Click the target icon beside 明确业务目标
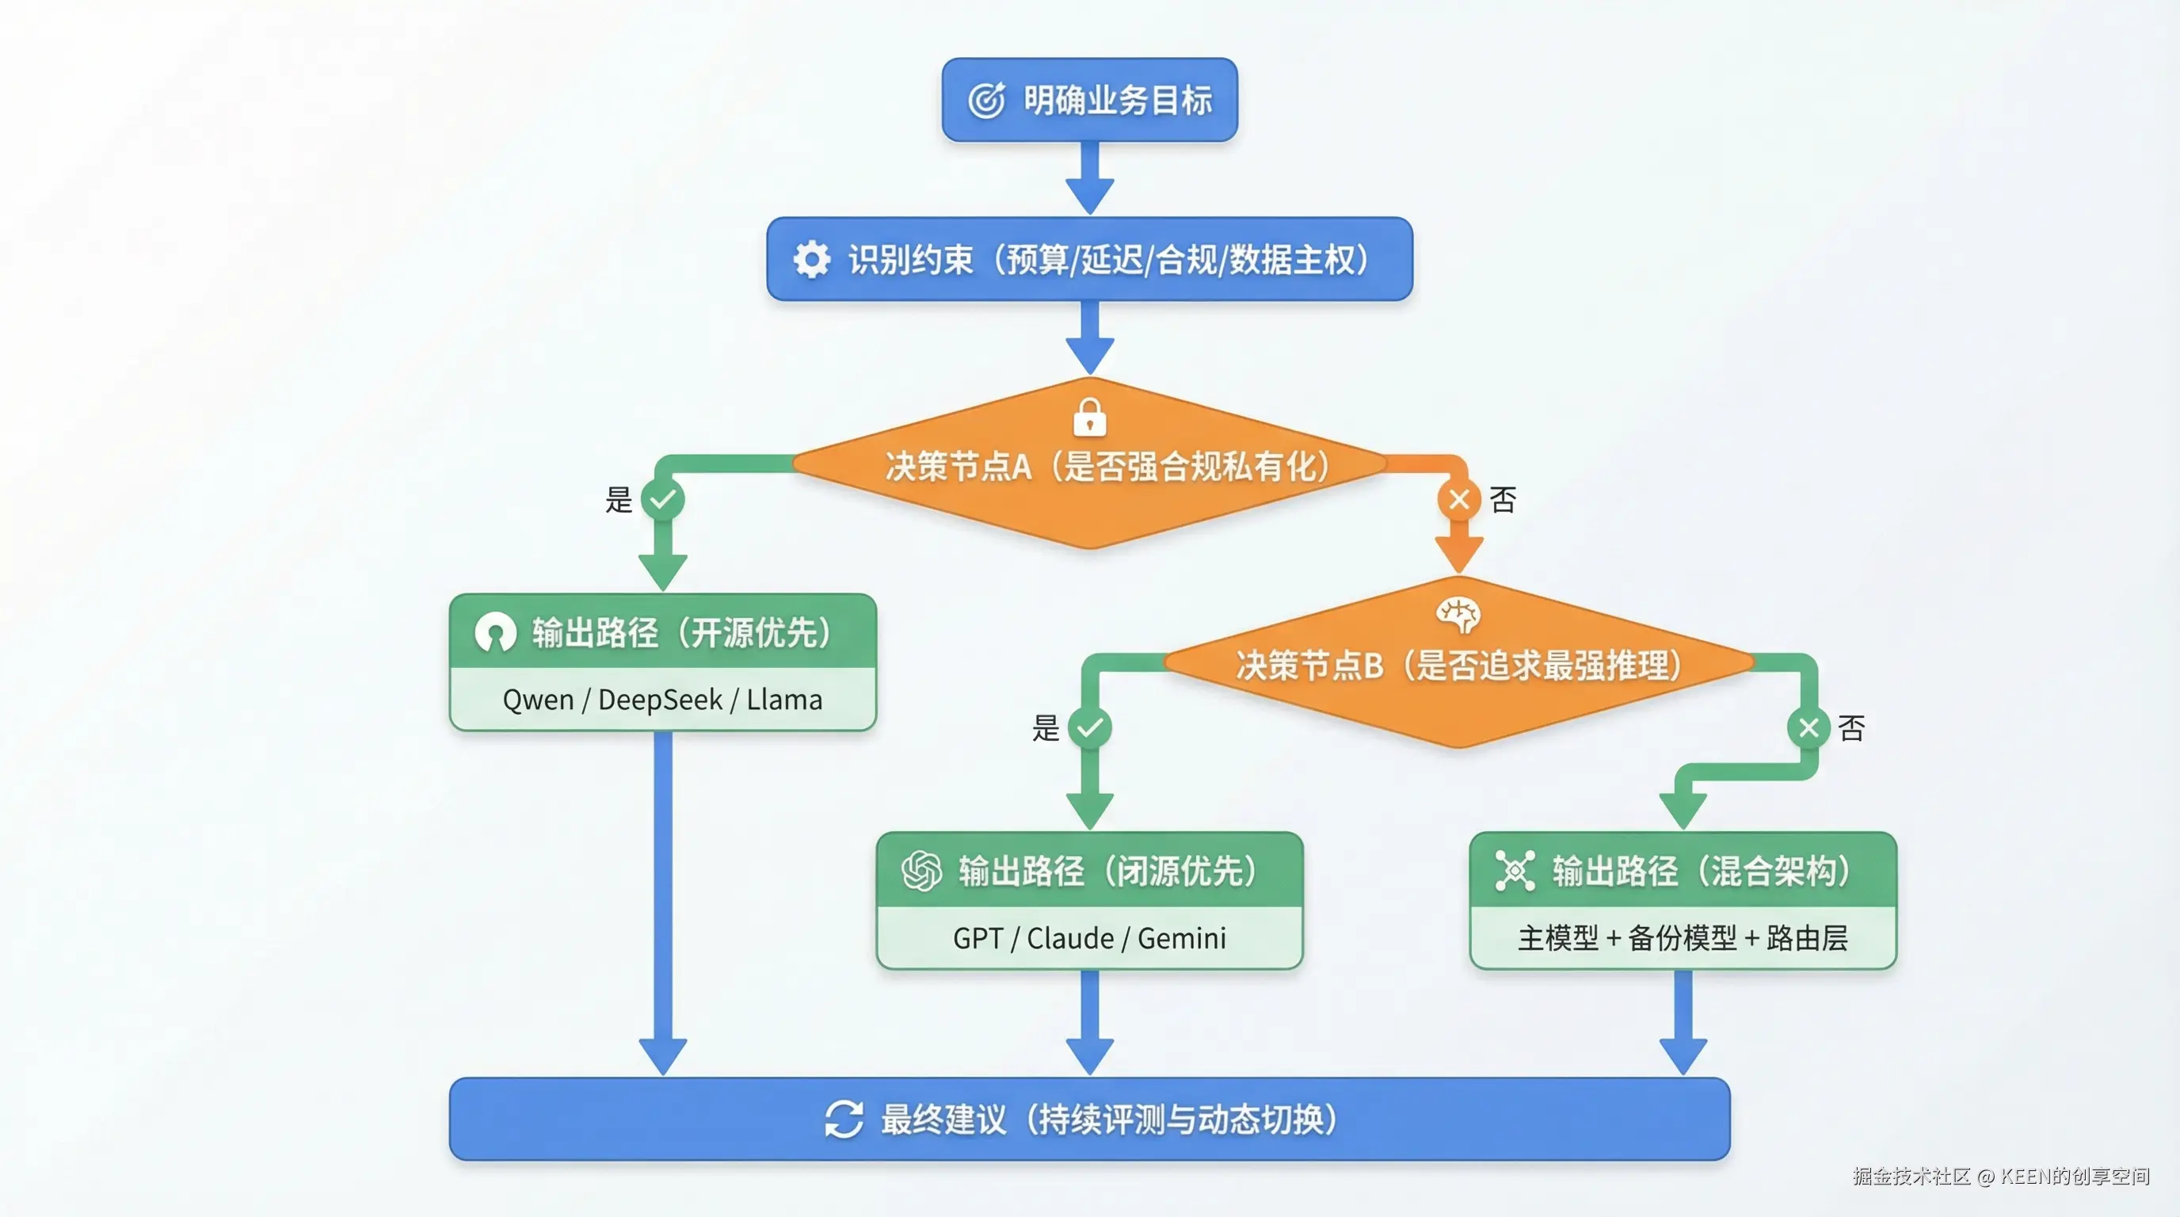986,101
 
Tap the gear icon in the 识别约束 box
812,259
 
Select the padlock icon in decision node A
1089,418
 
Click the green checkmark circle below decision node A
662,499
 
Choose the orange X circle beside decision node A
1459,499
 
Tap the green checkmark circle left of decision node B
1089,727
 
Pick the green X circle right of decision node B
1808,727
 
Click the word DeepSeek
660,700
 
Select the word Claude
1069,939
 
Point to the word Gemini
1181,939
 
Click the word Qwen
537,700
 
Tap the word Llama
783,700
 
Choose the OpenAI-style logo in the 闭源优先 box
921,871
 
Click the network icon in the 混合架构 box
1515,871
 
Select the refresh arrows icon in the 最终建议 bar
844,1119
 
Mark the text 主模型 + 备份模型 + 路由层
1683,939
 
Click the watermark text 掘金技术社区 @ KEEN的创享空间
2001,1177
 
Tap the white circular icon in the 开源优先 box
495,632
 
